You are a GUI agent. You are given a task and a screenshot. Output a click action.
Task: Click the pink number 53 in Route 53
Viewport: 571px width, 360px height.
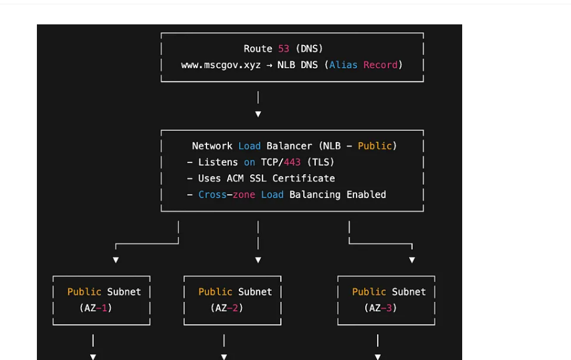tap(284, 49)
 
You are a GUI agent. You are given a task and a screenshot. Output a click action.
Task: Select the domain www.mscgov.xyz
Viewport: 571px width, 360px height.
tap(221, 65)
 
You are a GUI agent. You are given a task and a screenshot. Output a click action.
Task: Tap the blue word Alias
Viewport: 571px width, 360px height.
tap(343, 65)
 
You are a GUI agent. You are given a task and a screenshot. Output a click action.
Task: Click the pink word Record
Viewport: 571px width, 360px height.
tap(380, 65)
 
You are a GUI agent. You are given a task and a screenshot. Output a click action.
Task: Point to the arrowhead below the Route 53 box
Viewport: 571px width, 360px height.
tap(258, 114)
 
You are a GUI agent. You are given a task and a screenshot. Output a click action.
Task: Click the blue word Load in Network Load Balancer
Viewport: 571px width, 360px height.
tap(250, 146)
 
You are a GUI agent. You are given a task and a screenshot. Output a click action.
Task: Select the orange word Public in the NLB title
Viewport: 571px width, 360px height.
tap(375, 146)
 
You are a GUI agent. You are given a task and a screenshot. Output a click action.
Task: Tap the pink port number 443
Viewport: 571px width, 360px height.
tap(292, 162)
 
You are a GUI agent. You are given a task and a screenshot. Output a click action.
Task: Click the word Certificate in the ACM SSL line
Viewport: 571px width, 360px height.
tap(303, 178)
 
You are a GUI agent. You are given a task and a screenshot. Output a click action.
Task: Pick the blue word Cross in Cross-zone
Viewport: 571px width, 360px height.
tap(212, 194)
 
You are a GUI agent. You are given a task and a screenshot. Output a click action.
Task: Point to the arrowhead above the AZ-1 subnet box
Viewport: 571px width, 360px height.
tap(116, 260)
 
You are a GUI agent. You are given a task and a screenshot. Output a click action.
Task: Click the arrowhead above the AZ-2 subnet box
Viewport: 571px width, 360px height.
tap(258, 260)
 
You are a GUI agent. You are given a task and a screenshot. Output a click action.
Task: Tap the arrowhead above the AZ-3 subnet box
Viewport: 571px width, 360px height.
tap(412, 260)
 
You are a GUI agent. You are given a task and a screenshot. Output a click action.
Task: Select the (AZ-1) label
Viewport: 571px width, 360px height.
tap(96, 308)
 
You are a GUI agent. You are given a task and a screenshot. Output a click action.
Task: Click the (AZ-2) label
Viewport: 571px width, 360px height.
tap(227, 308)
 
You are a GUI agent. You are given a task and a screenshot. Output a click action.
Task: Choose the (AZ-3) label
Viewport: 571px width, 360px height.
tap(380, 308)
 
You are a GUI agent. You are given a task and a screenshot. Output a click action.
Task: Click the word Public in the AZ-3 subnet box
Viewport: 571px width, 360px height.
tap(369, 292)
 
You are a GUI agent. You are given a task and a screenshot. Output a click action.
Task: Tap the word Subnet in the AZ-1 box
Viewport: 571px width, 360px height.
tap(124, 292)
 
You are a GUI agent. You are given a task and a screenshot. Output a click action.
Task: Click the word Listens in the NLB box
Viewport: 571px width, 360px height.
tap(218, 162)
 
